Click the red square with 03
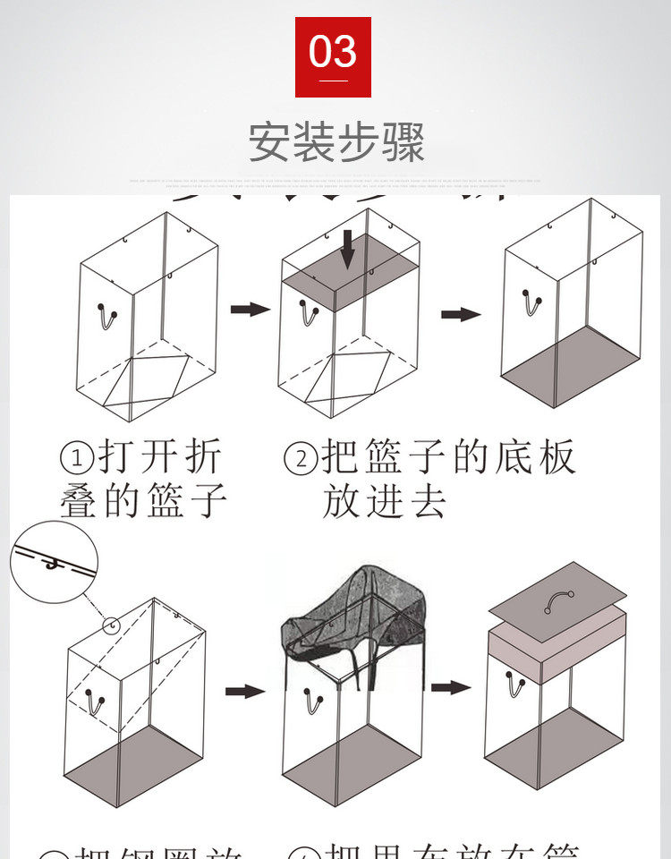click(333, 56)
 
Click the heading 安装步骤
click(336, 141)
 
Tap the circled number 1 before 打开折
click(77, 460)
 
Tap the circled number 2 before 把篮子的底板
click(301, 460)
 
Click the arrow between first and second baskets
click(250, 309)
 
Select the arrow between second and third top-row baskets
click(460, 314)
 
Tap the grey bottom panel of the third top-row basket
click(570, 365)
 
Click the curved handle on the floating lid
click(561, 600)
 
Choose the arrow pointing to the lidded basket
click(450, 687)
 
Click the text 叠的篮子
click(143, 501)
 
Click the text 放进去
click(384, 501)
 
